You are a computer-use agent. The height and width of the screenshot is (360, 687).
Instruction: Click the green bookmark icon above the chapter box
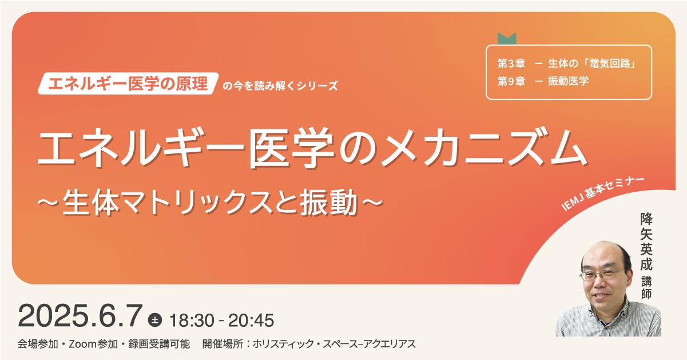(507, 39)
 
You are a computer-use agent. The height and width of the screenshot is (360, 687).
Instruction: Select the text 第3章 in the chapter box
(511, 64)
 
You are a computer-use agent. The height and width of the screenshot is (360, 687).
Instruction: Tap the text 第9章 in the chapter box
(511, 81)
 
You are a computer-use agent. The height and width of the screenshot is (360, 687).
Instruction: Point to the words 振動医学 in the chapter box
(569, 81)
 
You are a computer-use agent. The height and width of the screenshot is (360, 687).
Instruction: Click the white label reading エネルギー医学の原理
(128, 84)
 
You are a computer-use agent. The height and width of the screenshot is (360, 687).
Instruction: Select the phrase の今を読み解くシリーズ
(280, 86)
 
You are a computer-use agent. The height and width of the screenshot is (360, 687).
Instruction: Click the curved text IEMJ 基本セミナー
(603, 193)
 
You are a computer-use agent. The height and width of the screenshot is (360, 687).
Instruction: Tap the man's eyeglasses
(602, 274)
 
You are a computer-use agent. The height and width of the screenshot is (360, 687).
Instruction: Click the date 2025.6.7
(81, 316)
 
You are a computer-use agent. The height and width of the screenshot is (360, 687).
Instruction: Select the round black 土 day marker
(156, 319)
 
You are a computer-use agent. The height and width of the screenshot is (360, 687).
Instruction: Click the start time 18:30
(192, 320)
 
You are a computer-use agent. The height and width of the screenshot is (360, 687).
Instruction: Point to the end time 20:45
(251, 320)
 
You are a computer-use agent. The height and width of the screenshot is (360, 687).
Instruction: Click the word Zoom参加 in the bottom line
(93, 344)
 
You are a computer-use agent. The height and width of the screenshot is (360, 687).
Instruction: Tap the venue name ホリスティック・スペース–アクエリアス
(334, 344)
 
